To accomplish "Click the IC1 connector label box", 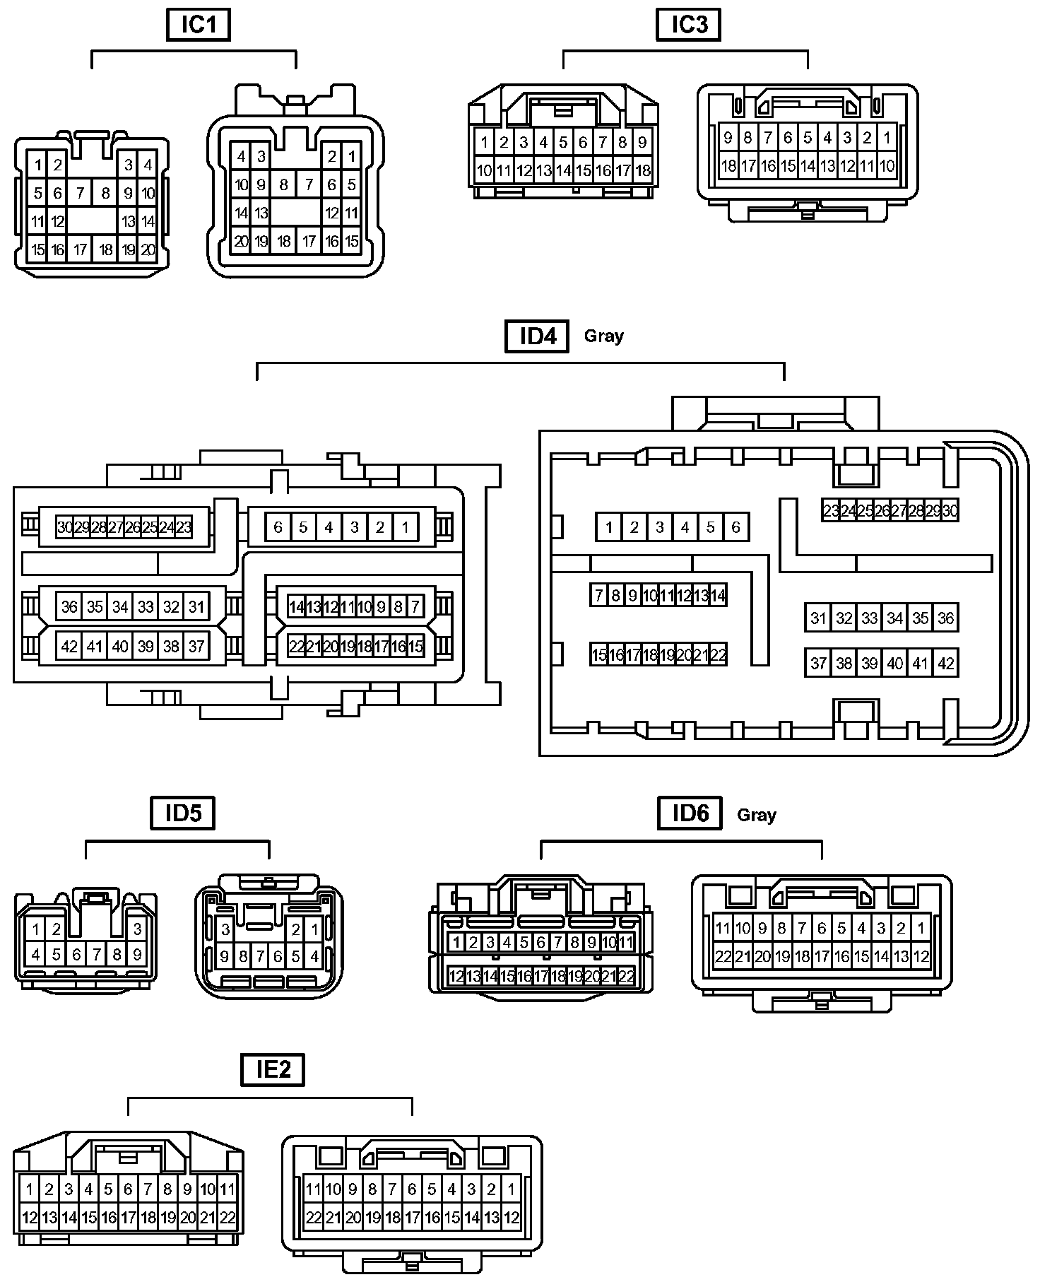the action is [x=199, y=25].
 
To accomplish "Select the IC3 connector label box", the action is [x=688, y=25].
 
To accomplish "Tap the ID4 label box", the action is [x=538, y=336].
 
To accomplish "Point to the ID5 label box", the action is [x=183, y=813].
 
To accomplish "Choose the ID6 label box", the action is [x=690, y=813].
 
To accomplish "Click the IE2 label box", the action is [x=273, y=1069].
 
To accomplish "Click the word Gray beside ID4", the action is [x=603, y=336].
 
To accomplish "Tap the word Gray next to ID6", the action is [x=756, y=815].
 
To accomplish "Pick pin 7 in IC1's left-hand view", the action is [x=80, y=193].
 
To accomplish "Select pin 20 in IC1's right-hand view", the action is [x=242, y=241].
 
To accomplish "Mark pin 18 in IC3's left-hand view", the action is [x=642, y=170].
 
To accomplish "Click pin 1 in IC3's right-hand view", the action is [x=887, y=137].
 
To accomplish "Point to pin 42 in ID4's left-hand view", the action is [x=69, y=646].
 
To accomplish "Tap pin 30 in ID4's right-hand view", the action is [x=950, y=511].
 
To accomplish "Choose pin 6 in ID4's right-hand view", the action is [x=735, y=527].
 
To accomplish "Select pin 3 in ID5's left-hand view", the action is [x=137, y=929].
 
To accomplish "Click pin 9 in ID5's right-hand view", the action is [x=225, y=957].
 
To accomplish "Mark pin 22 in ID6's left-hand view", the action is [x=626, y=977].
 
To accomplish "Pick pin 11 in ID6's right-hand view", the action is [x=723, y=928].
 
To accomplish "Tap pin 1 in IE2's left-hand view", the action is [x=29, y=1189].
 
